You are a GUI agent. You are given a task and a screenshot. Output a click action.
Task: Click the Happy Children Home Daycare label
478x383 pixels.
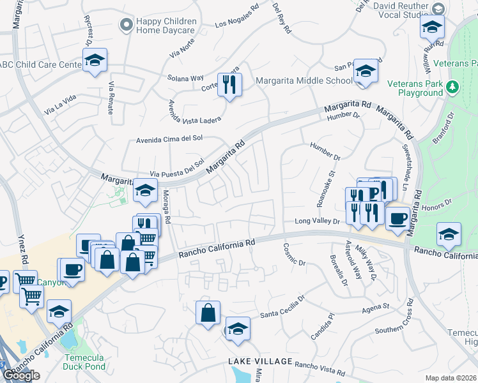tap(166, 26)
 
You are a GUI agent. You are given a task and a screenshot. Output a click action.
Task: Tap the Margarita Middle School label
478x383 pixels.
tap(304, 80)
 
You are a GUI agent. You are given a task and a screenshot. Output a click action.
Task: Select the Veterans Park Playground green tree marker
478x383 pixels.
tap(453, 86)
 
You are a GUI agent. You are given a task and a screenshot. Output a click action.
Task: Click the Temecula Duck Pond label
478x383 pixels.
tap(88, 362)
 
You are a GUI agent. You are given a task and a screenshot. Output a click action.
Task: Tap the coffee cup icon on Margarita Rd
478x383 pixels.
tap(397, 218)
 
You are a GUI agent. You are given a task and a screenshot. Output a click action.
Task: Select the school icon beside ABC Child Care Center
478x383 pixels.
tap(95, 61)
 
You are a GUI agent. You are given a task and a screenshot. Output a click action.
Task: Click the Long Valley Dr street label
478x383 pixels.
tap(316, 222)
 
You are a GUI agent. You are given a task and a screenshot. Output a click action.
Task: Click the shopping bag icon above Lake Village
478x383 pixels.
tap(208, 313)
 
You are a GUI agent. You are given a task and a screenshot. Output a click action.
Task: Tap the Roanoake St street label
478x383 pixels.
tap(325, 188)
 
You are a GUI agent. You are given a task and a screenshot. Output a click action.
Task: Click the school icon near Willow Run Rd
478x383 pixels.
tap(432, 27)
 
